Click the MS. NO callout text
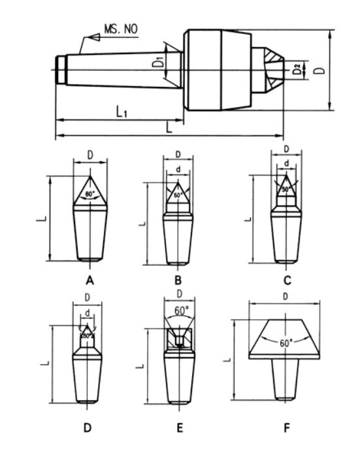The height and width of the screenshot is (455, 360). [x=122, y=30]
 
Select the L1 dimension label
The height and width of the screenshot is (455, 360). [x=122, y=112]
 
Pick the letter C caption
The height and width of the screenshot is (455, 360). [x=285, y=280]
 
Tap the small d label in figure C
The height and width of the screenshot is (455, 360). [x=286, y=164]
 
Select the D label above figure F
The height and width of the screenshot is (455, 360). [x=285, y=298]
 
